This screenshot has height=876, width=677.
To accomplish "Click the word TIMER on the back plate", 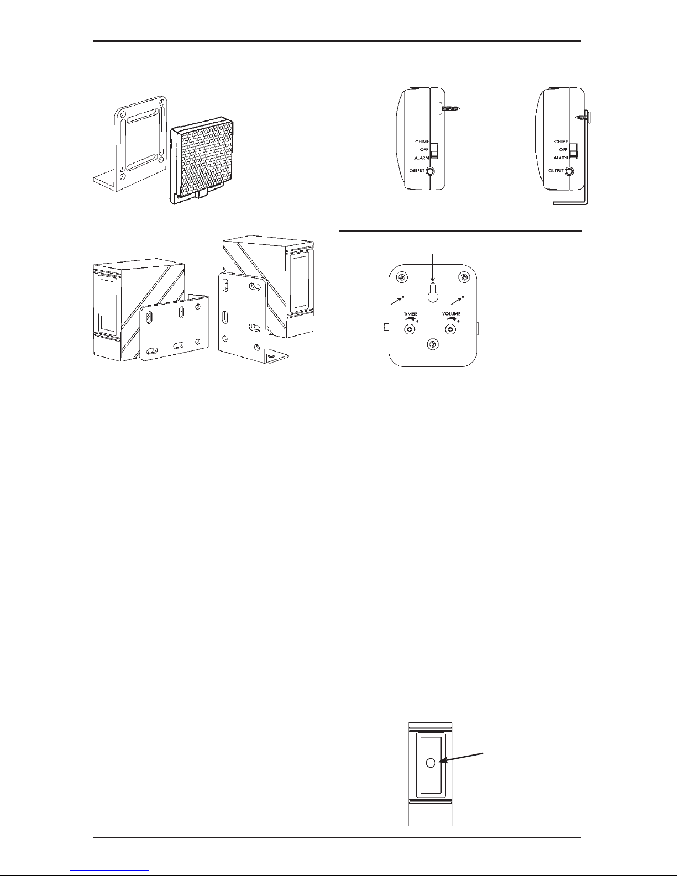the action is point(410,313).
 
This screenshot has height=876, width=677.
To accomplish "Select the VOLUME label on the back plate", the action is point(451,313).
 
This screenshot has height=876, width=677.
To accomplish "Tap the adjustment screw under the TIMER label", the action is point(410,330).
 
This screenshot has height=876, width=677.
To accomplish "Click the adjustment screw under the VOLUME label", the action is point(450,330).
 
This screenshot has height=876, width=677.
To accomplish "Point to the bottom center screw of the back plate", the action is point(433,345).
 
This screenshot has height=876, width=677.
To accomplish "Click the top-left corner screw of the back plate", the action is point(402,277).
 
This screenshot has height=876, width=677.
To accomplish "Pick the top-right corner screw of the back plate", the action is point(464,277).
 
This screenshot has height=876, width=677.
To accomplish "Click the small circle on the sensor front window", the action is point(431,763).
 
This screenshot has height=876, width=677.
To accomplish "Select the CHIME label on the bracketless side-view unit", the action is point(422,142).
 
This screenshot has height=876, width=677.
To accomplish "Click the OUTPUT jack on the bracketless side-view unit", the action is point(431,171).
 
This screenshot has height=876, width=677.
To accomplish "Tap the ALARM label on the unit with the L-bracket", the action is point(560,158).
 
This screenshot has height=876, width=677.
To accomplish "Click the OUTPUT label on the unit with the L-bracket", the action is point(556,171).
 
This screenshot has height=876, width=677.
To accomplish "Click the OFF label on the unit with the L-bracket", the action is point(563,150).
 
